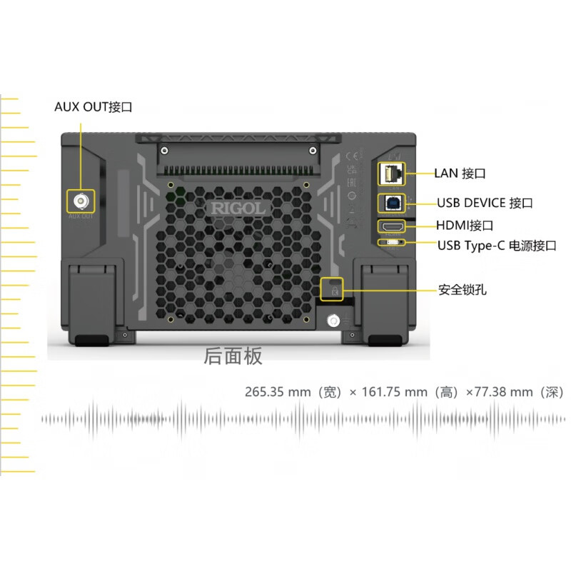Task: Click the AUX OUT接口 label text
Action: pyautogui.click(x=94, y=107)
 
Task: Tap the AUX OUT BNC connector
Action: pyautogui.click(x=80, y=201)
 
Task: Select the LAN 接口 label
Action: pyautogui.click(x=460, y=173)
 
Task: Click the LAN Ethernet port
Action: pyautogui.click(x=391, y=173)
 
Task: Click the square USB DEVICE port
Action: pyautogui.click(x=391, y=203)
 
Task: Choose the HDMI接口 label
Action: pyautogui.click(x=465, y=226)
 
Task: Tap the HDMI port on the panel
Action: pyautogui.click(x=391, y=226)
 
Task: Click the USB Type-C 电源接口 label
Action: pyautogui.click(x=496, y=246)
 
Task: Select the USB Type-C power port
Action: pyautogui.click(x=391, y=242)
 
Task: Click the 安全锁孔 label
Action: pyautogui.click(x=463, y=290)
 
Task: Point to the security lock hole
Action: pyautogui.click(x=334, y=289)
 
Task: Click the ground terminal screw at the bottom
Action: pyautogui.click(x=333, y=321)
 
